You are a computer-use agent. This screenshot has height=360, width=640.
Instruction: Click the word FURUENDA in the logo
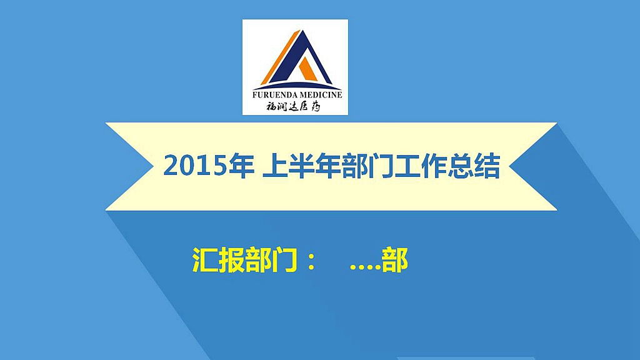[275, 95]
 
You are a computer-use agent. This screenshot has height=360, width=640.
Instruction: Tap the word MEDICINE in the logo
[321, 95]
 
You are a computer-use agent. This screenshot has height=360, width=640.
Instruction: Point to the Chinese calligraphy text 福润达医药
[293, 107]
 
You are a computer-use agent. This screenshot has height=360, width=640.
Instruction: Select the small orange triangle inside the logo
[307, 71]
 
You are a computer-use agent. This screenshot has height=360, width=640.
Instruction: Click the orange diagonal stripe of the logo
[281, 57]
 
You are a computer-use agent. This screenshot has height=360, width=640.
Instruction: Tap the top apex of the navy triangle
[302, 31]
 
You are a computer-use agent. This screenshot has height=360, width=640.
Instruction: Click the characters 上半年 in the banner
[301, 166]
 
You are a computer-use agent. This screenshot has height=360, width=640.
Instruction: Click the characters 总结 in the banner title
[474, 166]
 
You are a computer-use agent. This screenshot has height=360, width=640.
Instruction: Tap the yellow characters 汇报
[218, 260]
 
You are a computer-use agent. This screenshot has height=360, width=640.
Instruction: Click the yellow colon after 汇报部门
[311, 261]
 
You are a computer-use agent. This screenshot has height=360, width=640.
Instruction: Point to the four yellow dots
[365, 268]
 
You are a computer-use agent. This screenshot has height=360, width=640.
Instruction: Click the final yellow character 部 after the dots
[395, 260]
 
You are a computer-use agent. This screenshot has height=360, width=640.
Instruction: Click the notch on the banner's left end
[154, 166]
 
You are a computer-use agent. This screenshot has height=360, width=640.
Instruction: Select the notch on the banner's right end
[509, 166]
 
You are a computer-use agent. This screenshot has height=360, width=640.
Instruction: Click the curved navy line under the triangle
[297, 86]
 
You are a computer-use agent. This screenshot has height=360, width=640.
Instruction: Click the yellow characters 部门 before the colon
[271, 260]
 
